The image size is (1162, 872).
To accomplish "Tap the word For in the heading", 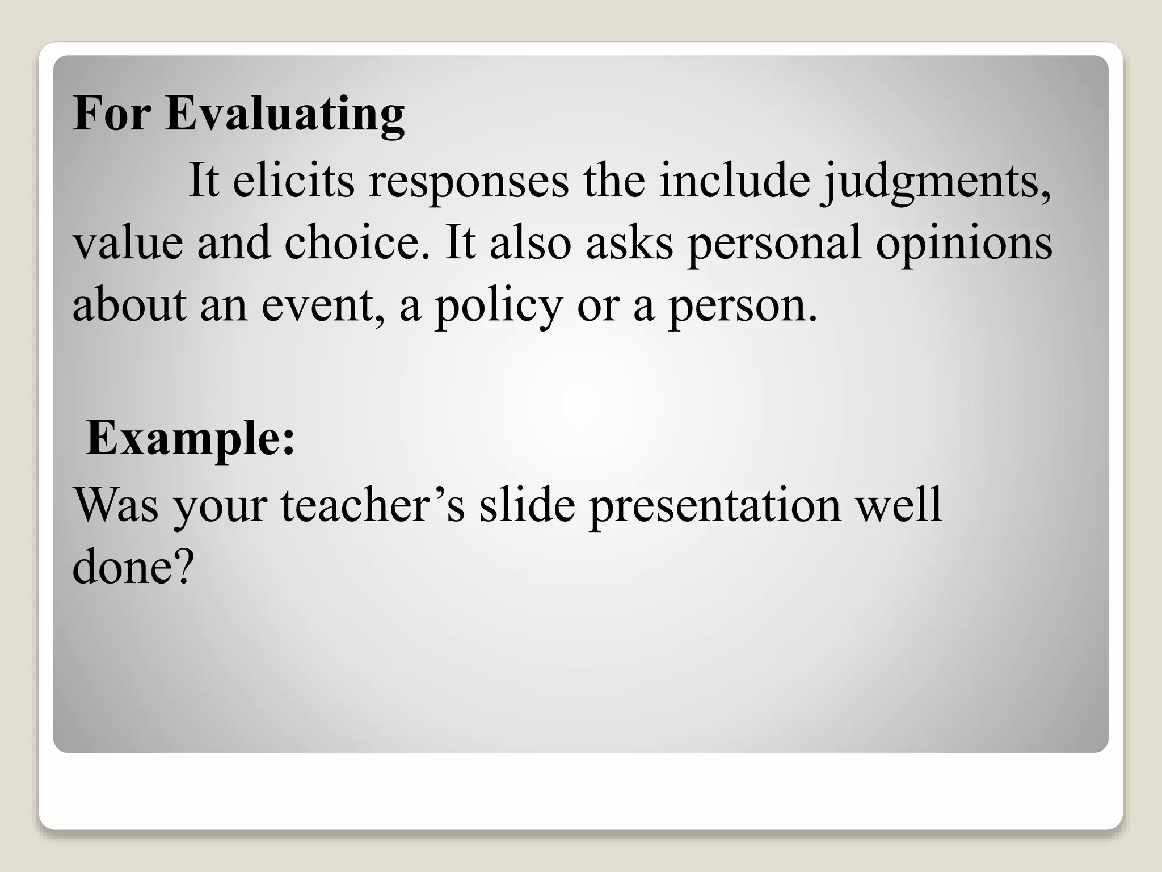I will [x=112, y=114].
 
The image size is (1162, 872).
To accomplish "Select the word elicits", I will [x=293, y=181].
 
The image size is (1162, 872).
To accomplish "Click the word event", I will [x=321, y=305].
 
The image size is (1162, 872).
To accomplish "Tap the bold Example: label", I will [x=191, y=439].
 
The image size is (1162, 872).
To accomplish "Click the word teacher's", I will [x=373, y=505].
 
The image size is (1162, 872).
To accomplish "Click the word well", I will [x=899, y=505].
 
